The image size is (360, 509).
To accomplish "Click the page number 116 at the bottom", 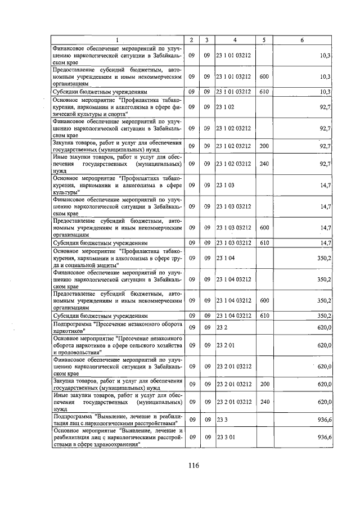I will (x=194, y=465).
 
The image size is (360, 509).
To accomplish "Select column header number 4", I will (x=235, y=40).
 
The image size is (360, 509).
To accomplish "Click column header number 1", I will (x=118, y=40).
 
